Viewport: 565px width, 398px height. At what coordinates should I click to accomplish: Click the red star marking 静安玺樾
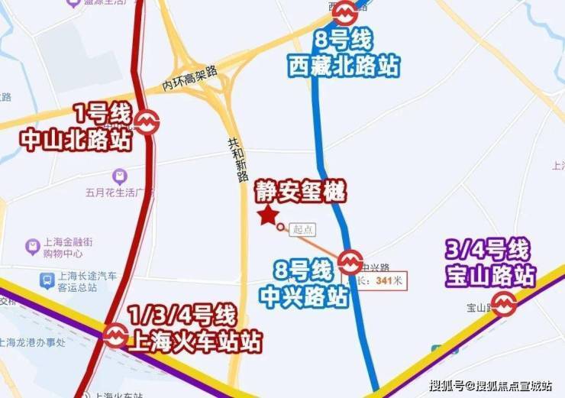(267, 216)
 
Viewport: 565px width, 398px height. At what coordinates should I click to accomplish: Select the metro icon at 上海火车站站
(116, 335)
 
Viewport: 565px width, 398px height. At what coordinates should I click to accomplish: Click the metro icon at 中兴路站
(350, 262)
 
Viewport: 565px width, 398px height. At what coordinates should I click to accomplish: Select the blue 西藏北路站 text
(344, 66)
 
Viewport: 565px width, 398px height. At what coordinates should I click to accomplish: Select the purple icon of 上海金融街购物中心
(32, 246)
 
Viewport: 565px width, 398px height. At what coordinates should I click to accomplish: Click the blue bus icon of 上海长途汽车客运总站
(47, 281)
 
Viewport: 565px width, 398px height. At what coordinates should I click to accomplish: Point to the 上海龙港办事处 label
(34, 342)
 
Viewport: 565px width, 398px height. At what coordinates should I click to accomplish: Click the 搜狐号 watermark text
(449, 384)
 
